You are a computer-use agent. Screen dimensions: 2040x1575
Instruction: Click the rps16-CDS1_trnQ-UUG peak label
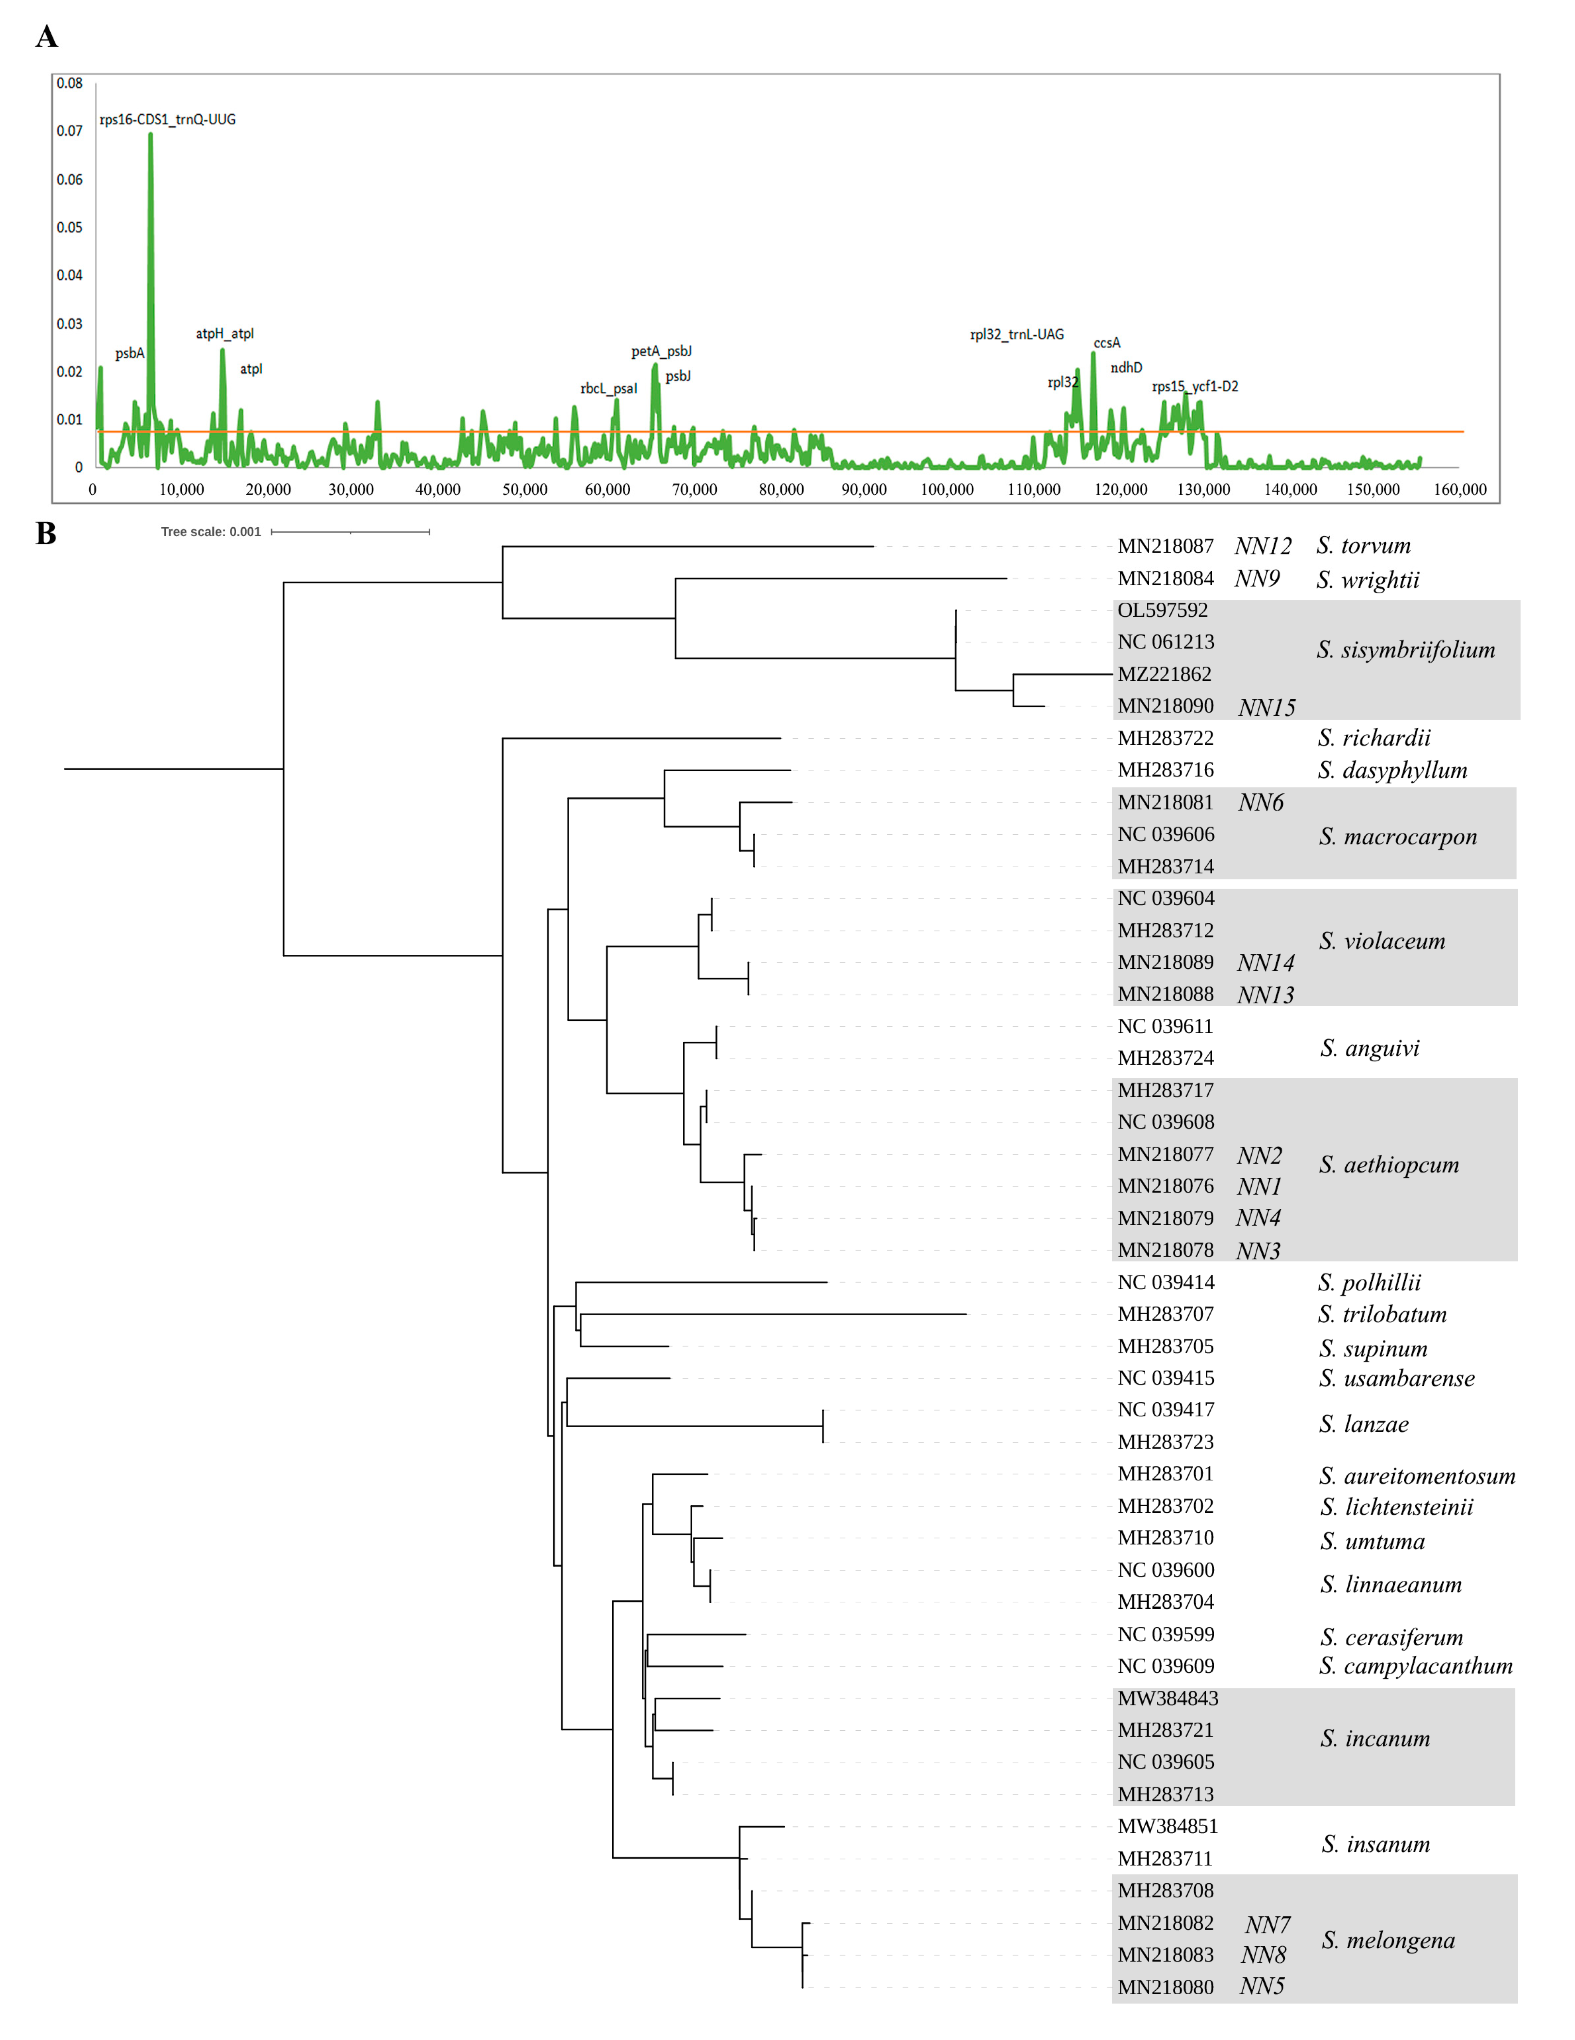(x=167, y=120)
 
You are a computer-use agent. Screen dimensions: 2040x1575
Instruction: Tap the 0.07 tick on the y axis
(x=69, y=131)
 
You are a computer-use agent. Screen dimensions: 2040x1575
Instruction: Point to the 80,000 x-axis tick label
(x=781, y=490)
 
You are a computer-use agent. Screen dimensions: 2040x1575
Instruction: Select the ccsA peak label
(x=1107, y=343)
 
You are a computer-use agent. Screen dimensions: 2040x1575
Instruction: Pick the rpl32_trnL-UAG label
(x=1016, y=335)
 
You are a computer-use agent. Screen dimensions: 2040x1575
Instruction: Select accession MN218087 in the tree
(x=1165, y=546)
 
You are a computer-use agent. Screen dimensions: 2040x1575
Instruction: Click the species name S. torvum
(x=1363, y=546)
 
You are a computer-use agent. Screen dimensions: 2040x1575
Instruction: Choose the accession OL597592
(x=1162, y=610)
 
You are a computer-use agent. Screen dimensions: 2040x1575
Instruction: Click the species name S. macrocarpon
(x=1397, y=837)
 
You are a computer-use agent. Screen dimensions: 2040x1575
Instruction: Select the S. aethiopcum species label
(x=1389, y=1165)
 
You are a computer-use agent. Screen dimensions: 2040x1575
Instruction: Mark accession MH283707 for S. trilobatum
(x=1165, y=1314)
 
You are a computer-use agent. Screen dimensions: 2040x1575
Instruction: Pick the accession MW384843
(x=1168, y=1698)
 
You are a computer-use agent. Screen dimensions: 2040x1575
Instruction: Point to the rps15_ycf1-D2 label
(x=1195, y=387)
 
